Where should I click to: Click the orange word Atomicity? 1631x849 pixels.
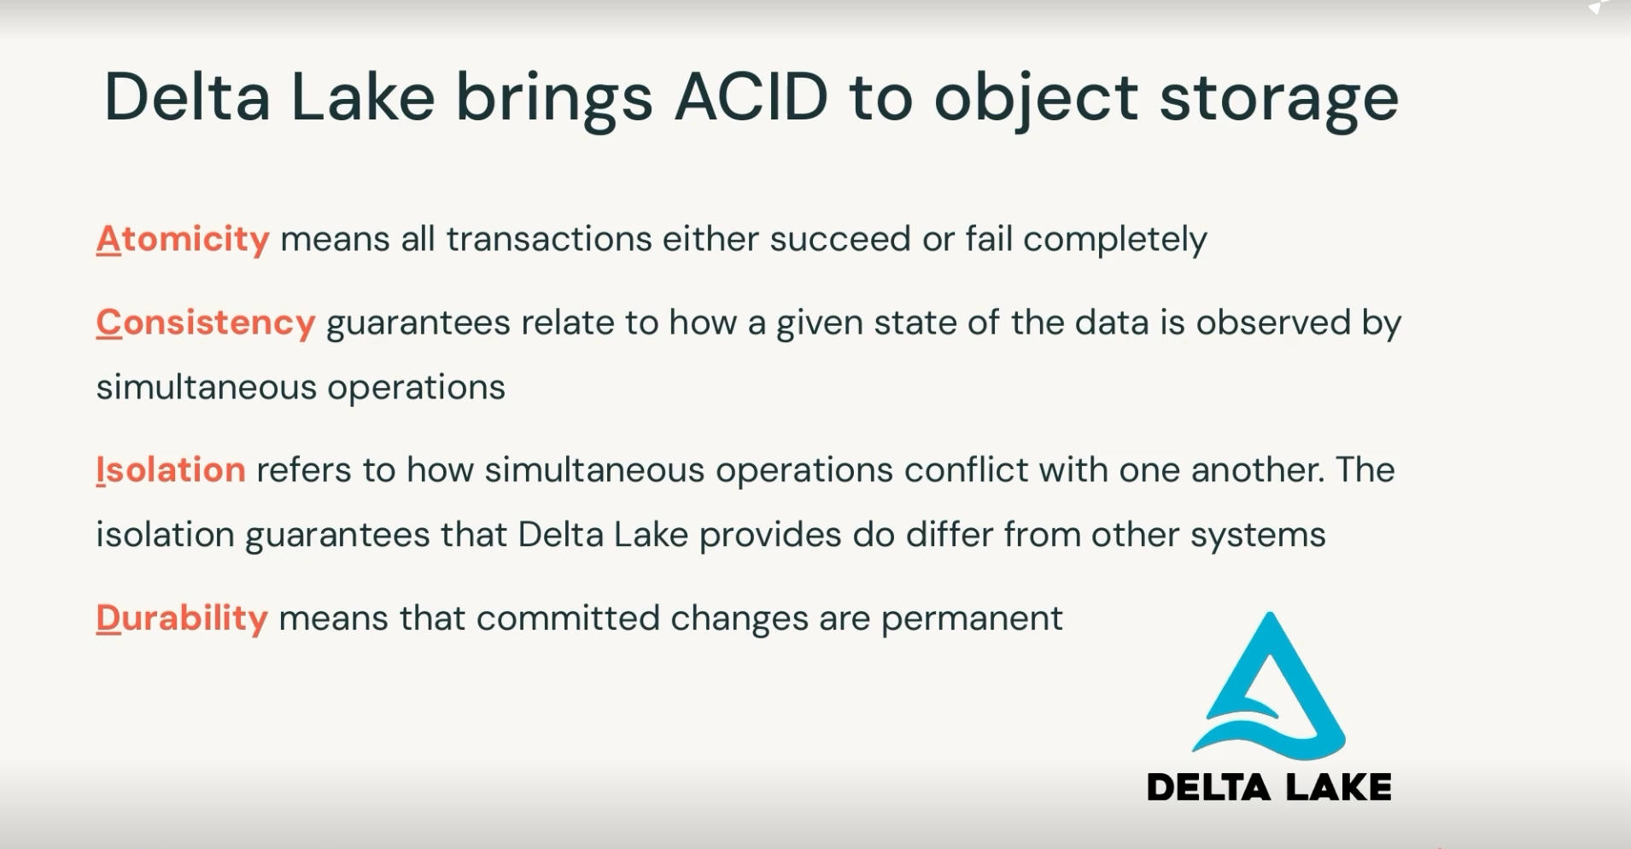tap(183, 239)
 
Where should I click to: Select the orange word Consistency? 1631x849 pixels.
tap(206, 323)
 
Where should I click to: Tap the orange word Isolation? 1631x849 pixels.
tap(171, 469)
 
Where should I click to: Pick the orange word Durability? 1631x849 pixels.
tap(182, 619)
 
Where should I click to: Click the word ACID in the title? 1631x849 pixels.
tap(751, 96)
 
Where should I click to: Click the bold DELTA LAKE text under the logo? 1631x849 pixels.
tap(1269, 787)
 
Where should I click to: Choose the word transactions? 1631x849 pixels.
tap(549, 239)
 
